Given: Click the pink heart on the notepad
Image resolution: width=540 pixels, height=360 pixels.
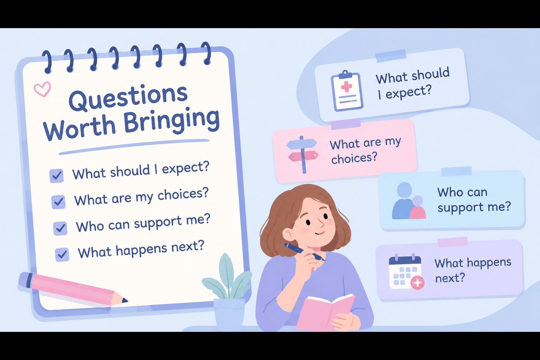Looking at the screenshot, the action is coord(43,89).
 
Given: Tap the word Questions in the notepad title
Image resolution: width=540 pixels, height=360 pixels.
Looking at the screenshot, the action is coord(128,98).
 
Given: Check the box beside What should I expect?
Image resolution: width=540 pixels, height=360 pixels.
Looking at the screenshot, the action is coord(57,175).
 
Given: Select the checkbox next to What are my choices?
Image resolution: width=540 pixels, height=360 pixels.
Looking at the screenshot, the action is coord(58,201).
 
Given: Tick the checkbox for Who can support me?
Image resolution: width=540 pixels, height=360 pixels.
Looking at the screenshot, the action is coord(60,228).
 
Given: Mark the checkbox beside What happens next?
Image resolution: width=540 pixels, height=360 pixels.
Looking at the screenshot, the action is coord(62,255).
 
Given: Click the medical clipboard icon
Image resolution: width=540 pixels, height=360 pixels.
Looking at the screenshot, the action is coord(347,91).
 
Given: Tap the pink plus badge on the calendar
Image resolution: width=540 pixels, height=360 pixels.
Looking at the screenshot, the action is coord(417,283).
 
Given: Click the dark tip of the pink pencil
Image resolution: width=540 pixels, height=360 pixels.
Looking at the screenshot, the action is coord(125,301).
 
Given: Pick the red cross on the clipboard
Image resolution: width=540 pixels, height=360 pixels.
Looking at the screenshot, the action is coord(346,87).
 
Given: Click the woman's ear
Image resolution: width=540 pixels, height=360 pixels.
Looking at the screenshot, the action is coord(289,234).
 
